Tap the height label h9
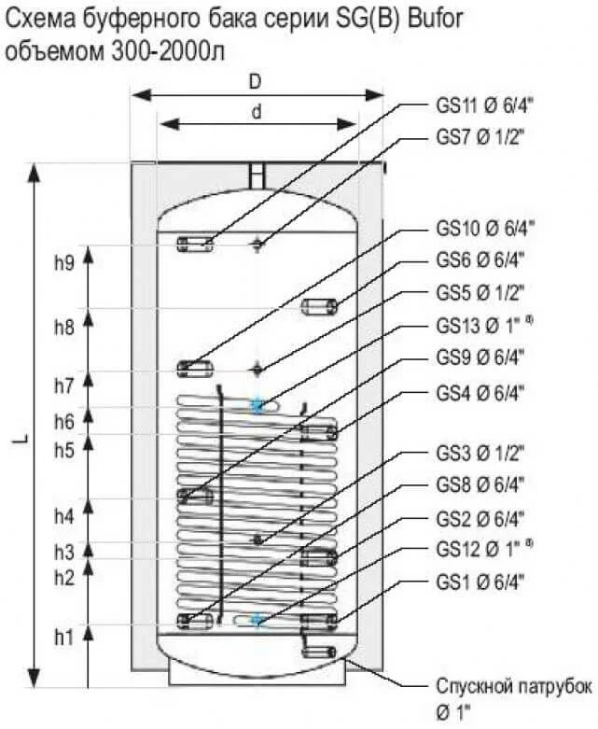(x=64, y=263)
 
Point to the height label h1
(x=64, y=638)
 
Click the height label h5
(x=64, y=450)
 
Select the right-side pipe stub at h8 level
(x=319, y=306)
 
